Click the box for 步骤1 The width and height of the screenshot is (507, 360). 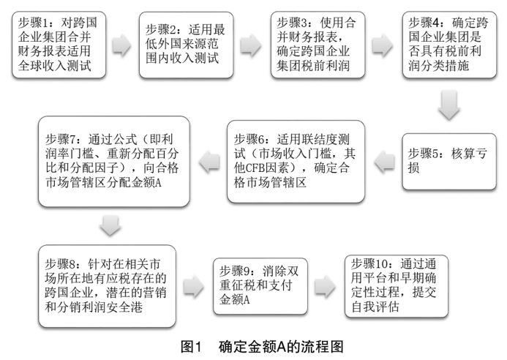pyautogui.click(x=59, y=45)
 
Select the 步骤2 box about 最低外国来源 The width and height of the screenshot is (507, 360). pyautogui.click(x=187, y=45)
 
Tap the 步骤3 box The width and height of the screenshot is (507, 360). pyautogui.click(x=318, y=45)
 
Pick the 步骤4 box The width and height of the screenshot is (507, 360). pyautogui.click(x=449, y=45)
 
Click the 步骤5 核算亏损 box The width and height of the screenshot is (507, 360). pyautogui.click(x=449, y=162)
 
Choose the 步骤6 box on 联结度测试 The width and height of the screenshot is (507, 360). pyautogui.click(x=296, y=162)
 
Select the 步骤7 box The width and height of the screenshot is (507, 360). pyautogui.click(x=114, y=162)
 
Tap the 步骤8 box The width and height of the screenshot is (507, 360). pyautogui.click(x=107, y=286)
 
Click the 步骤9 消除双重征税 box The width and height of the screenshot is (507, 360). pyautogui.click(x=260, y=286)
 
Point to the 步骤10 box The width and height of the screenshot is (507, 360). pyautogui.click(x=397, y=286)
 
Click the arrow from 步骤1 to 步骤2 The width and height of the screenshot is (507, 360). pyautogui.click(x=122, y=45)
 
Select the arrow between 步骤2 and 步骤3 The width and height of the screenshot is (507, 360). pyautogui.click(x=251, y=45)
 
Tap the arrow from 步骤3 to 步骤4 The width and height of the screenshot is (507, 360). pyautogui.click(x=383, y=45)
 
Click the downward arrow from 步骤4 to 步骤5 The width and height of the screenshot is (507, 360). pyautogui.click(x=449, y=105)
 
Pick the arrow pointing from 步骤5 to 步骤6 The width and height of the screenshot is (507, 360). pyautogui.click(x=384, y=162)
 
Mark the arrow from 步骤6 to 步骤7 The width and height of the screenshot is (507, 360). pyautogui.click(x=209, y=162)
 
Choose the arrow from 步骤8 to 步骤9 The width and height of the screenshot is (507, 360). pyautogui.click(x=194, y=286)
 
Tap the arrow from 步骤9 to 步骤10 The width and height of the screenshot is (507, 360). pyautogui.click(x=326, y=286)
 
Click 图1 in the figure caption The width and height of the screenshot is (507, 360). pyautogui.click(x=191, y=347)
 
